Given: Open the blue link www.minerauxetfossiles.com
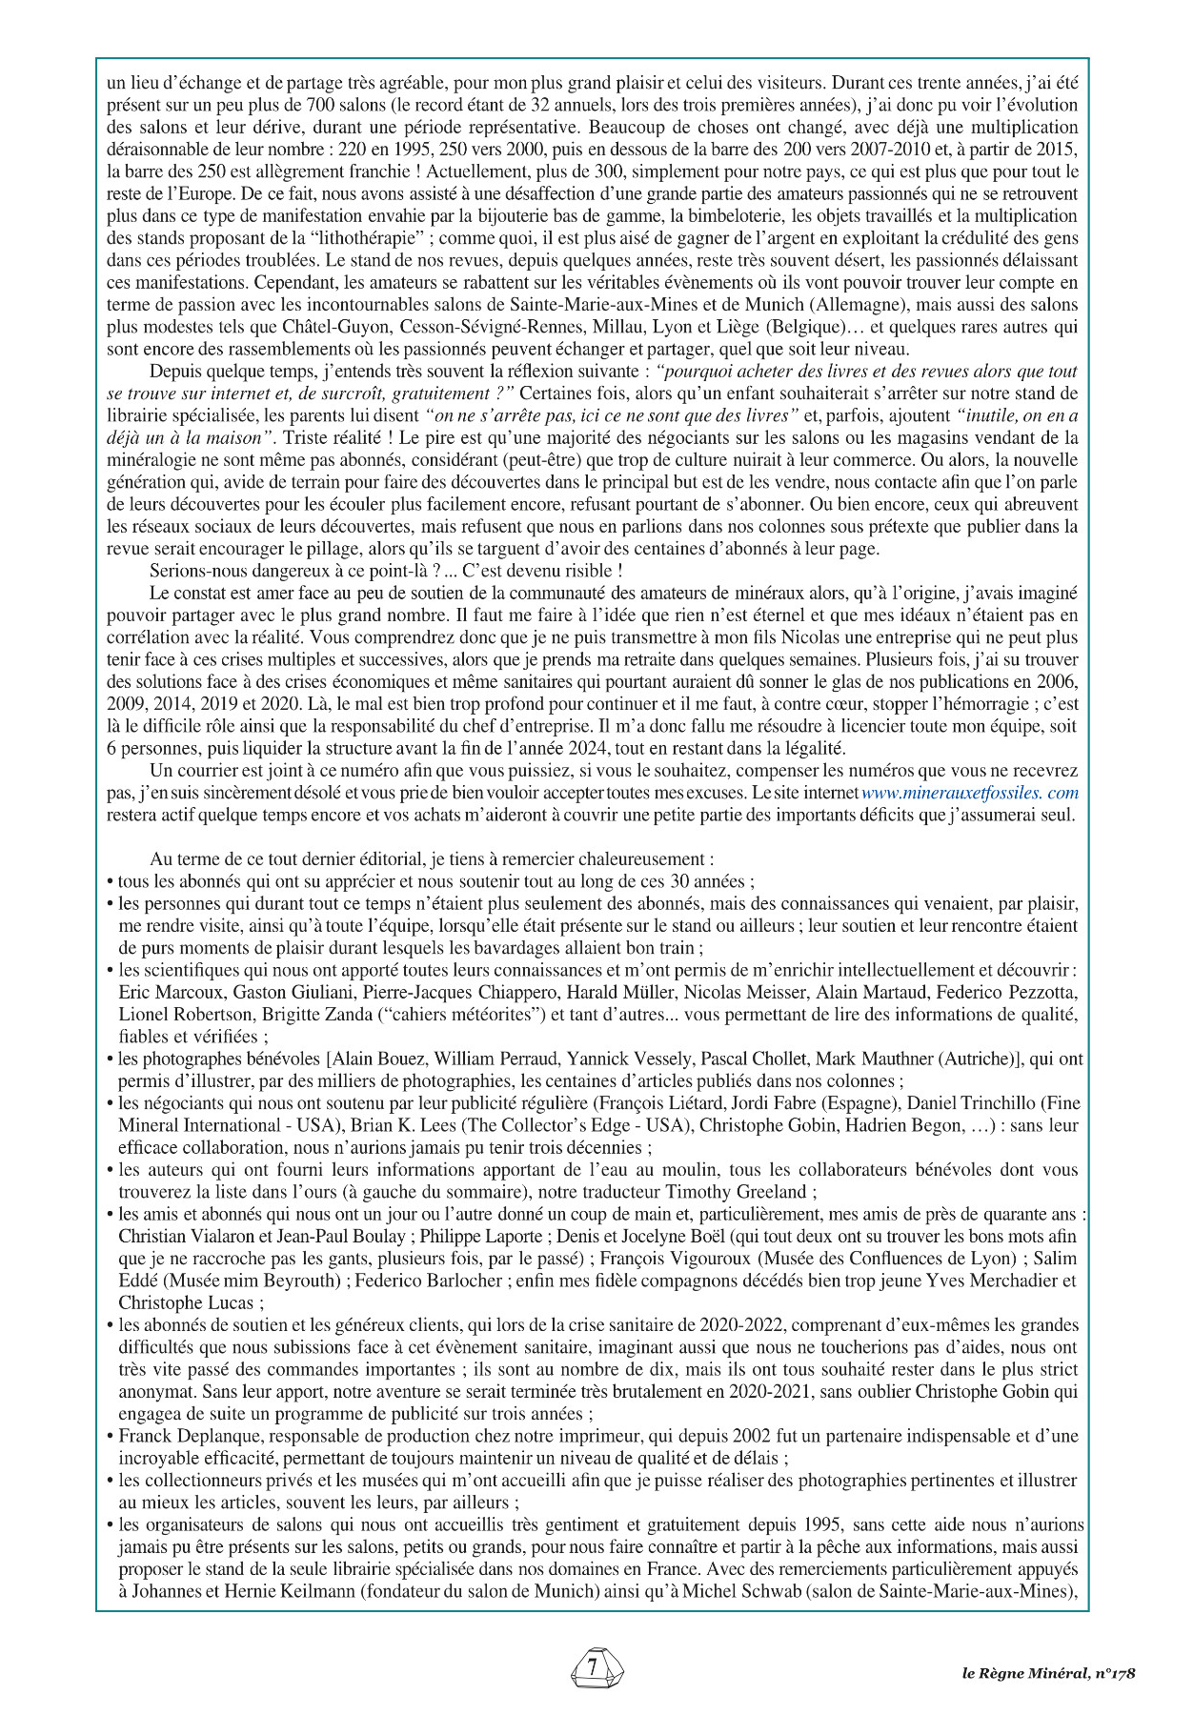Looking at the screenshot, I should pos(970,793).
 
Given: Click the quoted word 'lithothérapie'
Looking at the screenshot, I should pos(367,238).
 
